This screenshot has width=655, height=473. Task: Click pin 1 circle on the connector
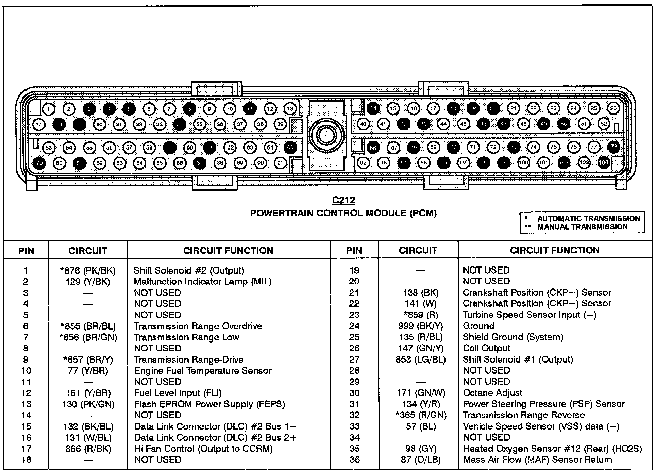tap(49, 109)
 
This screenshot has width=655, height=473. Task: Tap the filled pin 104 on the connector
tap(604, 162)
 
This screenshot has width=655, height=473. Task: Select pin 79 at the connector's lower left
tap(39, 163)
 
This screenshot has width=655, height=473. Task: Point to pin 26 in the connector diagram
tap(613, 108)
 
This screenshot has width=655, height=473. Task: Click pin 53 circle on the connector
tap(49, 147)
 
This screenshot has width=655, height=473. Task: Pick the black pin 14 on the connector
tap(373, 108)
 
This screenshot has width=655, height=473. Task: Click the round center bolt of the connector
tap(326, 136)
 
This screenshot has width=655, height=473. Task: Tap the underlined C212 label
tap(343, 200)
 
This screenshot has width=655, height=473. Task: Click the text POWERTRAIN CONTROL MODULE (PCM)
tap(343, 213)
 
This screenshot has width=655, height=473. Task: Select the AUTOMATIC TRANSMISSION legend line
tap(588, 218)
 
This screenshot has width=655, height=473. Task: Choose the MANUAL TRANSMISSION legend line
tap(582, 227)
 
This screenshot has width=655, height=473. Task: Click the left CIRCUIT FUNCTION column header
tap(228, 251)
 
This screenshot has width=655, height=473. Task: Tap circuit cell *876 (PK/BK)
tap(88, 270)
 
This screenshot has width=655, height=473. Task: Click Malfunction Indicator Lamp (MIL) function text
tap(203, 281)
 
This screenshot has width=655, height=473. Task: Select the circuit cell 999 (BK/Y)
tap(420, 326)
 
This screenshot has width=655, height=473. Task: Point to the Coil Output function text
tap(487, 348)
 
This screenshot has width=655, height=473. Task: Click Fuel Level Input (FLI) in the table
tap(178, 393)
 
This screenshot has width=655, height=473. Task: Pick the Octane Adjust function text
tap(492, 393)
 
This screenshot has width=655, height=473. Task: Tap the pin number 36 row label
tap(354, 460)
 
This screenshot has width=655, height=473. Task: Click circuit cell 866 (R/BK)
tap(88, 449)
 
